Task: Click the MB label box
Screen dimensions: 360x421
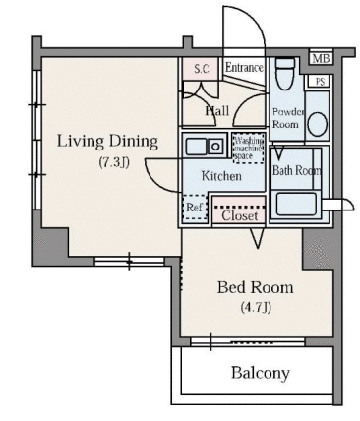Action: pyautogui.click(x=321, y=59)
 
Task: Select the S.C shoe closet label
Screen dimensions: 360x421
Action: pyautogui.click(x=202, y=69)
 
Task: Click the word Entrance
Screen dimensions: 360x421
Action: pyautogui.click(x=244, y=68)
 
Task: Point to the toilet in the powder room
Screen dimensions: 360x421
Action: pyautogui.click(x=284, y=74)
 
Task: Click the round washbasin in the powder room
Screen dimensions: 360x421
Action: pyautogui.click(x=318, y=124)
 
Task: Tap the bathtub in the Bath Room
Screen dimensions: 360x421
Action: pyautogui.click(x=296, y=204)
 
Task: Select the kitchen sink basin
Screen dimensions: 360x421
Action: pyautogui.click(x=196, y=147)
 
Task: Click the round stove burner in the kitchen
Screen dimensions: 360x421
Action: pyautogui.click(x=215, y=147)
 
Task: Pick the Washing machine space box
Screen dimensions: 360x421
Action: pyautogui.click(x=248, y=148)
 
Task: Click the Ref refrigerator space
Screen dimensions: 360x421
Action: pyautogui.click(x=195, y=208)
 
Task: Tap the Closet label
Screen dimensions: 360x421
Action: pyautogui.click(x=240, y=216)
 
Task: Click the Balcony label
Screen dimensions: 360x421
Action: pyautogui.click(x=261, y=373)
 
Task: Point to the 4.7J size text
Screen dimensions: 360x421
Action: pyautogui.click(x=256, y=308)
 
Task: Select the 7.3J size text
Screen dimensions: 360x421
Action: pyautogui.click(x=114, y=162)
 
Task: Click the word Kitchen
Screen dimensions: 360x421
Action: pyautogui.click(x=221, y=176)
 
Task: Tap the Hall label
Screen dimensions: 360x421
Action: pyautogui.click(x=216, y=111)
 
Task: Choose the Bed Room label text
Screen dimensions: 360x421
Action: pyautogui.click(x=256, y=287)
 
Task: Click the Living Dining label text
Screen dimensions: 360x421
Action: pyautogui.click(x=107, y=142)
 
